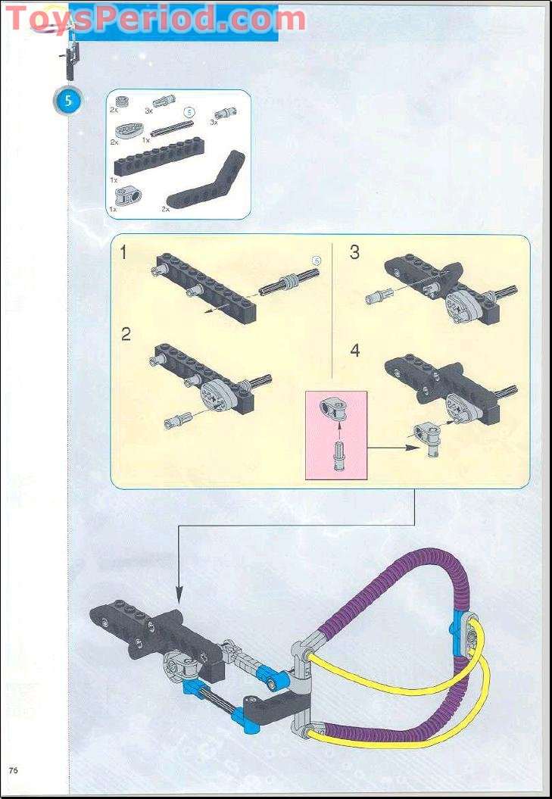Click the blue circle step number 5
[x=67, y=102]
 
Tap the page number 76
[x=14, y=770]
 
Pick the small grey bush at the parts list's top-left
[x=121, y=101]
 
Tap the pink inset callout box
[x=335, y=435]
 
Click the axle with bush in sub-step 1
[x=288, y=283]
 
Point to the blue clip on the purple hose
[x=459, y=626]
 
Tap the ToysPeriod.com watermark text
[x=154, y=18]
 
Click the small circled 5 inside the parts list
[x=190, y=111]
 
